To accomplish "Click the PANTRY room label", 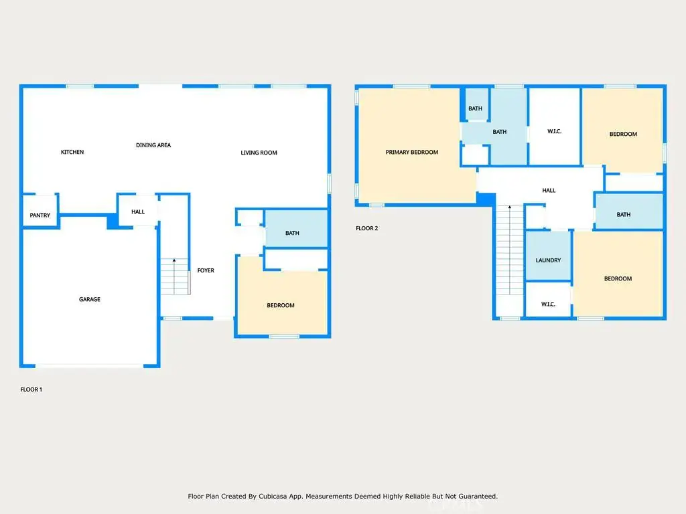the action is pos(40,215).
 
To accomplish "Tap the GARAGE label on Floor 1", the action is pos(90,299).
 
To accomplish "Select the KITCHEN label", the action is pos(72,152).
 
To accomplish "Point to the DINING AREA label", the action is pos(153,145).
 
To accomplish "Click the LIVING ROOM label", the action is pos(259,153).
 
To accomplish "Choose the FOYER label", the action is pos(206,270).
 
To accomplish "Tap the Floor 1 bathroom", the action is pos(297,229).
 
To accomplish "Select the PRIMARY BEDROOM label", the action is pos(412,152).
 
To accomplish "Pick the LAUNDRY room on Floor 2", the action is pos(548,255).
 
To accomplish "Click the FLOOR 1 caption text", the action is pos(31,390).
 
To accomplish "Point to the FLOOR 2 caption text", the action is pos(366,228).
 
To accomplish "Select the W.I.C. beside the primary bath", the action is pos(554,126).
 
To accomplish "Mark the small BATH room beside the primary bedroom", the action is pos(476,104).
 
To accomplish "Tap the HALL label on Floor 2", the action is pos(549,191).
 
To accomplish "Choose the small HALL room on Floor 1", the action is pos(138,210).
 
